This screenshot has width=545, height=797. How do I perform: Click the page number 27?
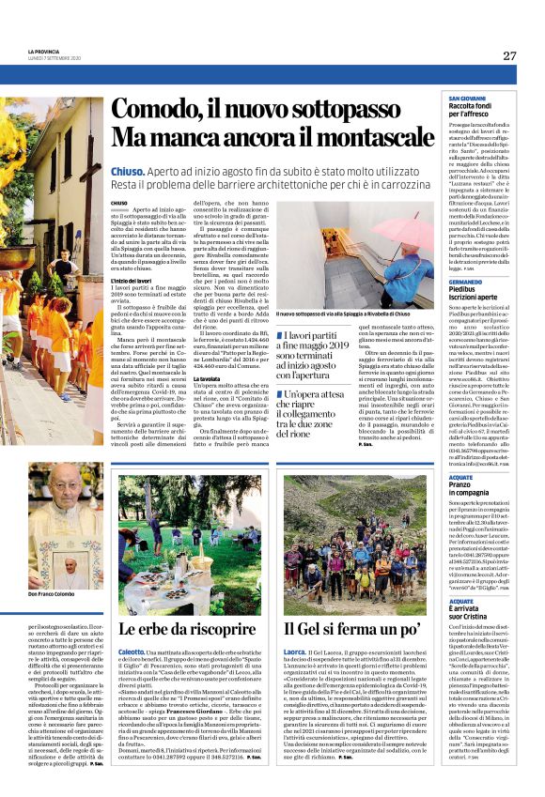(509, 55)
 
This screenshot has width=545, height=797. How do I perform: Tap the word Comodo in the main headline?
(161, 111)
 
